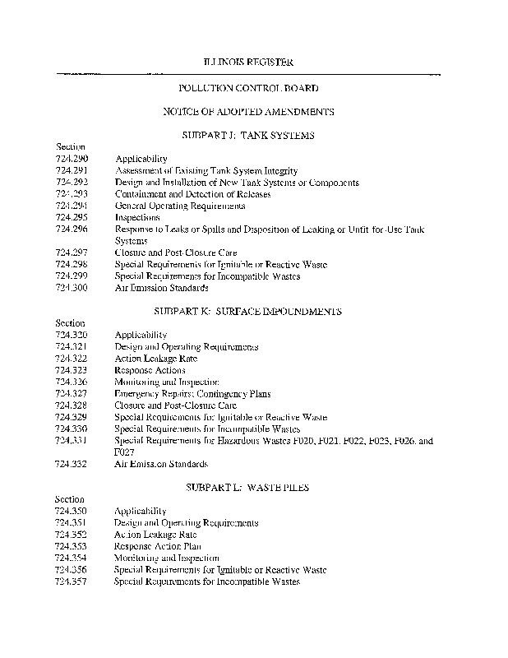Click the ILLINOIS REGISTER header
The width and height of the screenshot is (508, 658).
pyautogui.click(x=247, y=63)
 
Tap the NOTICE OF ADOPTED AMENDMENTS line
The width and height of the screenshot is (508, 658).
pyautogui.click(x=247, y=111)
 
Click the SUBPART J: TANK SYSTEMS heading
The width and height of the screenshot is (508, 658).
pyautogui.click(x=247, y=135)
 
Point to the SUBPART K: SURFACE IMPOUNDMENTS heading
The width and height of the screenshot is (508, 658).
pyautogui.click(x=247, y=312)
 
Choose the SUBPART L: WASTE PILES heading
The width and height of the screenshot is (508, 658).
pyautogui.click(x=247, y=488)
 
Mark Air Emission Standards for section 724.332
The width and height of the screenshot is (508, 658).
pyautogui.click(x=161, y=464)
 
